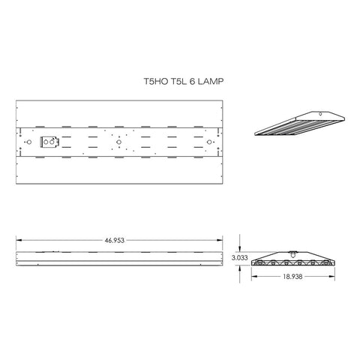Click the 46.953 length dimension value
119,241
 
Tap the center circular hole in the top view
118,141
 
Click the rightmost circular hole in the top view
208,141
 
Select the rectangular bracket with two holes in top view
49,141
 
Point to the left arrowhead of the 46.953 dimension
18,241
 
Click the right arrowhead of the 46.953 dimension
223,241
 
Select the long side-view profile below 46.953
120,258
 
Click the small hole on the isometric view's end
322,114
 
